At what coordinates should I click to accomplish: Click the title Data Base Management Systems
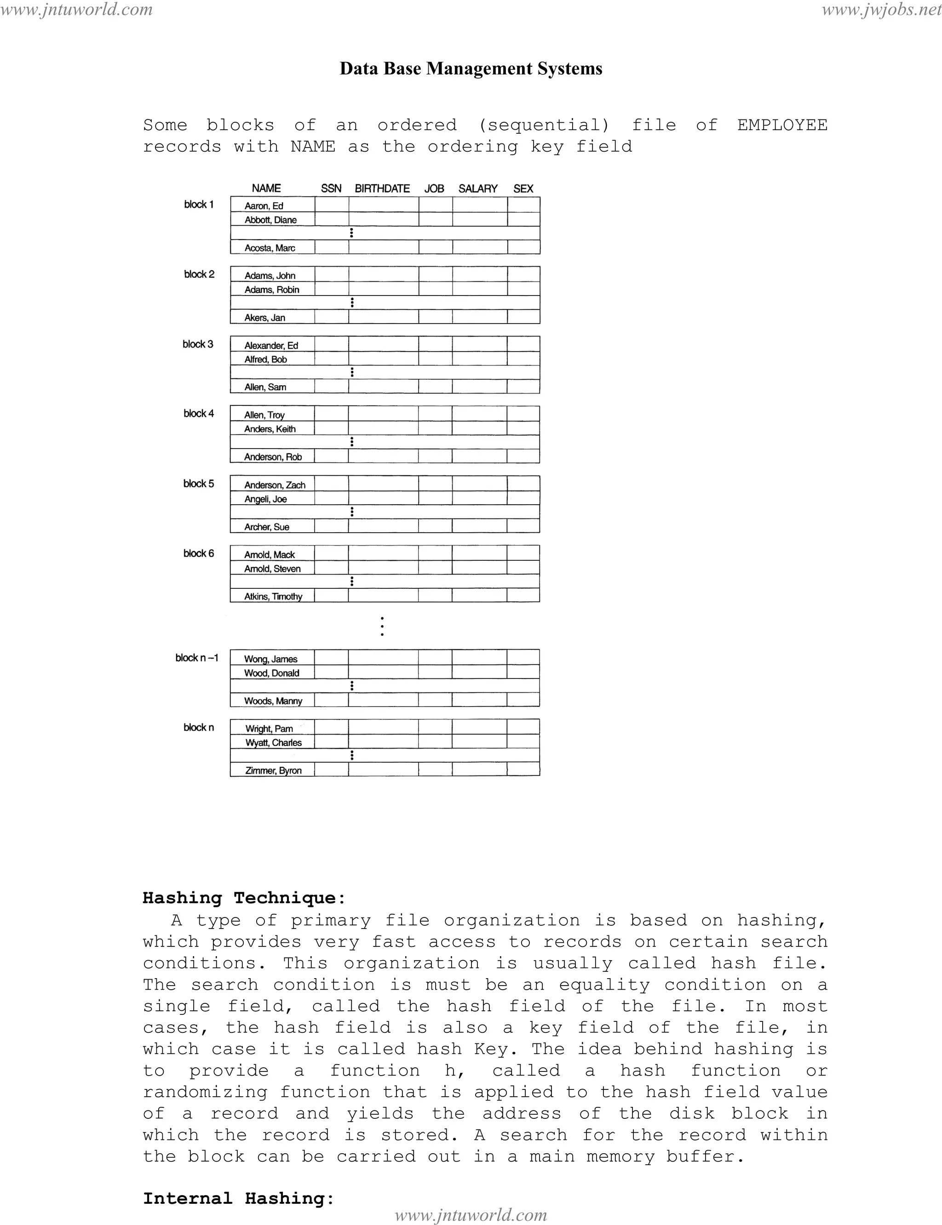tap(471, 68)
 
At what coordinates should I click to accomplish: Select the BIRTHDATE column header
tap(382, 189)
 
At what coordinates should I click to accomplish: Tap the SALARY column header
tap(478, 189)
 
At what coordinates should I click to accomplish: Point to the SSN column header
tap(331, 189)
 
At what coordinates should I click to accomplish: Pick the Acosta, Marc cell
tap(270, 248)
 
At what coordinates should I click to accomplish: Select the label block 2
tap(199, 274)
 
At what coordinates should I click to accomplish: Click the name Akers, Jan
tap(264, 318)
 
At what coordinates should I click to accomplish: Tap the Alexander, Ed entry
tap(271, 346)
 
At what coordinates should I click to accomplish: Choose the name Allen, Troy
tap(264, 415)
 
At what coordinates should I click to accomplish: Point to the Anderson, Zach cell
tap(275, 485)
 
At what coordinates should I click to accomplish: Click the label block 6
tap(199, 553)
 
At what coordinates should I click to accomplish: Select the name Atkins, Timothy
tap(273, 597)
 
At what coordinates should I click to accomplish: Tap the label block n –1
tap(197, 658)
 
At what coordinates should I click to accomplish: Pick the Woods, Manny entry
tap(273, 701)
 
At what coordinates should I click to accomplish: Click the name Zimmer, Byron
tap(273, 770)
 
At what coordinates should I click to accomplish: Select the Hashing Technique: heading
tap(244, 898)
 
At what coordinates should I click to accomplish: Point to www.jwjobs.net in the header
tap(881, 10)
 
